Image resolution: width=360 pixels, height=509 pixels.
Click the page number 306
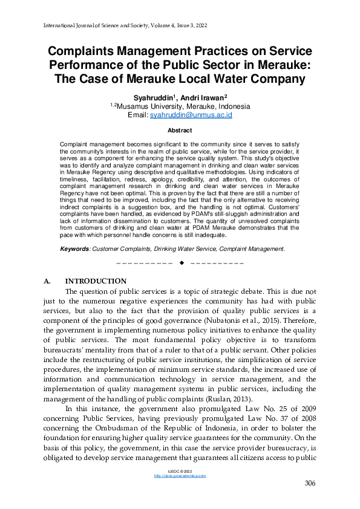tap(309, 483)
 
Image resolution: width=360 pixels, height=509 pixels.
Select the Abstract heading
tap(180, 131)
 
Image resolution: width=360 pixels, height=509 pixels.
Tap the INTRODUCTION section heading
tap(96, 281)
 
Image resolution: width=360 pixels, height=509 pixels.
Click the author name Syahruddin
tap(152, 97)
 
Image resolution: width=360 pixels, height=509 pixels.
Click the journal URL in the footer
tap(180, 476)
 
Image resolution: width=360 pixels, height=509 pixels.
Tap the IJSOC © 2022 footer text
tap(180, 471)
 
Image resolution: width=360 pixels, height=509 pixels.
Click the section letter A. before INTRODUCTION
tap(49, 281)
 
